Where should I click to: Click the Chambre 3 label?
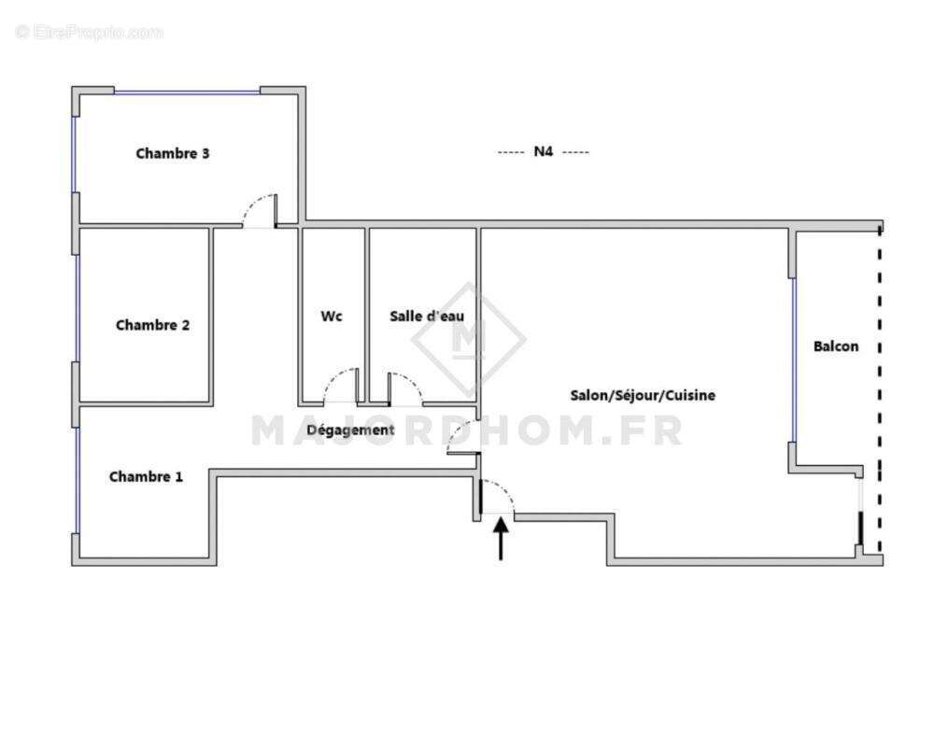pos(173,153)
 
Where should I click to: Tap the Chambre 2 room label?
pos(153,325)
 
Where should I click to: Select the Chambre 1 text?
pos(146,476)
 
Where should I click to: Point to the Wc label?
pos(332,317)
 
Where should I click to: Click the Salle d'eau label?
pos(427,317)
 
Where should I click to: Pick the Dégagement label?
pos(350,430)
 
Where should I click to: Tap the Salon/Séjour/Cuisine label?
pos(643,396)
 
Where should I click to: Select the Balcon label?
pos(836,346)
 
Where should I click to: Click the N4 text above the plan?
pos(544,152)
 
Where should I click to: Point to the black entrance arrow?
pos(502,540)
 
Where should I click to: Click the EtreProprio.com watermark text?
pos(89,33)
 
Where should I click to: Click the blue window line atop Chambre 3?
pos(187,91)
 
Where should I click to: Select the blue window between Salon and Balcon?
pos(794,359)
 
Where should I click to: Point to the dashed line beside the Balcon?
pos(879,392)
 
